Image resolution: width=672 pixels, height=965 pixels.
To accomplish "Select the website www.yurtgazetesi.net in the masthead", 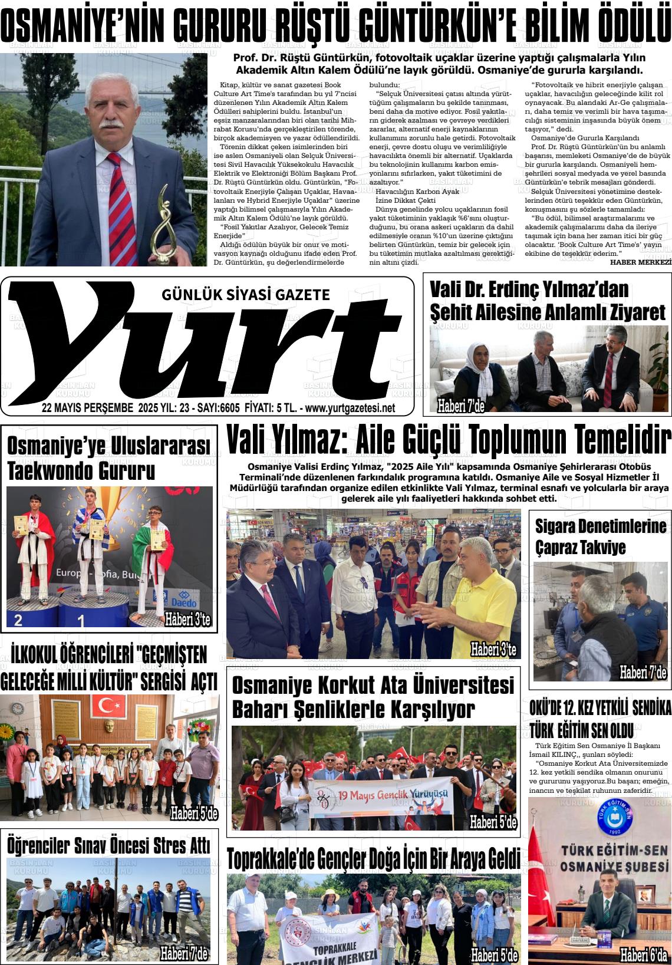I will coord(350,408).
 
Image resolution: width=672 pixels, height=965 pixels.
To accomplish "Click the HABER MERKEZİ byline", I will coord(640,262).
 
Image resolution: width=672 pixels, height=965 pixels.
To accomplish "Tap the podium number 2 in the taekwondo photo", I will coord(18,620).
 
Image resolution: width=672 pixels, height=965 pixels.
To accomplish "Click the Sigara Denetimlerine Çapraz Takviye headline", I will coord(601,536).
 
